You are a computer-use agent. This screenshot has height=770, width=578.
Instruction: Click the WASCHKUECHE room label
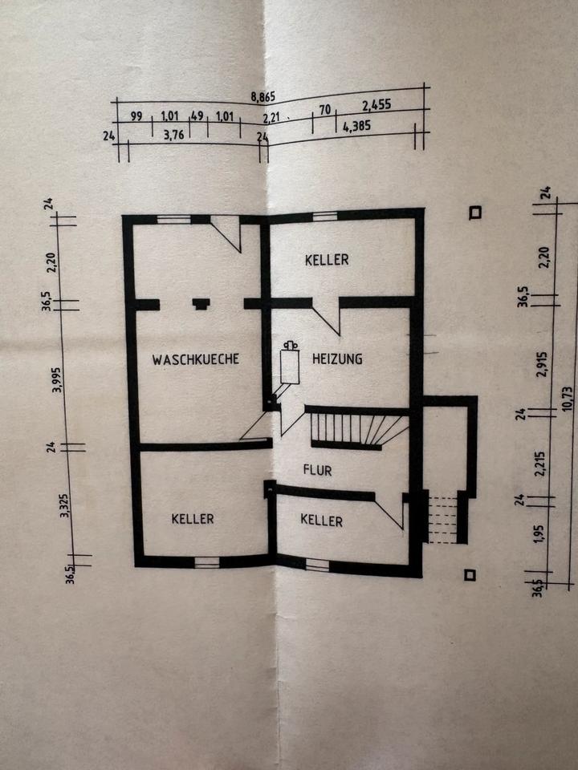196,359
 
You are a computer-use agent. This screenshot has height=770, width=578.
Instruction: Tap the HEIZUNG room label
337,359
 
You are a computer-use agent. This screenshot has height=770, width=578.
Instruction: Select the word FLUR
317,470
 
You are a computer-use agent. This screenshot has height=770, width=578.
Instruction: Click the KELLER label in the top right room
327,260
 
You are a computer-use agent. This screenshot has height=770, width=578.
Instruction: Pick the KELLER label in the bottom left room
193,519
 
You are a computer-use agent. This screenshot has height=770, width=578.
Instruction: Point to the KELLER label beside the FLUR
321,521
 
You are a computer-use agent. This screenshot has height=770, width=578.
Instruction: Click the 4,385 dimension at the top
356,126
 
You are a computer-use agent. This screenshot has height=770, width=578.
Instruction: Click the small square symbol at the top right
476,213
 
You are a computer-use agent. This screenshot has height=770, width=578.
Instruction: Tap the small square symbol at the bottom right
470,574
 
